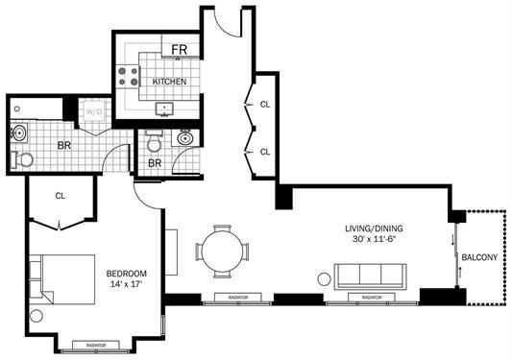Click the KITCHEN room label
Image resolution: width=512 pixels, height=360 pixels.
[169, 82]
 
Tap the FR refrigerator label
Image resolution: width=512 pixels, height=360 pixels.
[180, 50]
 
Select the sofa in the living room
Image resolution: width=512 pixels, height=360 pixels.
[371, 275]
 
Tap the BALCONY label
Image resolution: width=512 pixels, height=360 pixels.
[479, 257]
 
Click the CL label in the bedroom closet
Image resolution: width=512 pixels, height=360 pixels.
[60, 195]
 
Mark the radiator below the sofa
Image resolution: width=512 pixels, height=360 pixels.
[372, 298]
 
